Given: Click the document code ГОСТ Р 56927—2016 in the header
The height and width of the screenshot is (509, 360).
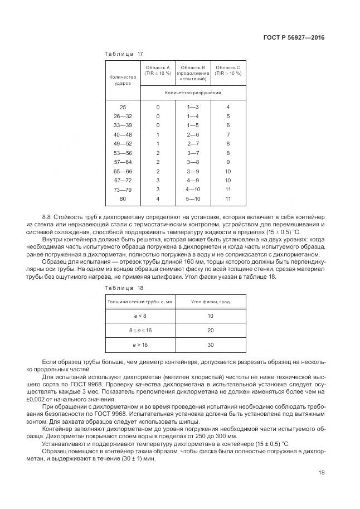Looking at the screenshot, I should (x=293, y=38).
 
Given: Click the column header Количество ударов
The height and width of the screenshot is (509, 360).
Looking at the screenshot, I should (x=123, y=80).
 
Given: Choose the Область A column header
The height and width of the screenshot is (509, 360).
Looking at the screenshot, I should (x=158, y=70).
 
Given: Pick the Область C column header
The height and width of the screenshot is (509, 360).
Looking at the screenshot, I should (x=228, y=70).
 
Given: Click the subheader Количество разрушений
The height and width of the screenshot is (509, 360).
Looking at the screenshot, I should (x=193, y=93).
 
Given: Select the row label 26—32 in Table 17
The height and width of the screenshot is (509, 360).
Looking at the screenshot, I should (x=123, y=116).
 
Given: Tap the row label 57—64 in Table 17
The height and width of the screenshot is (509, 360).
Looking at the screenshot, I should (x=123, y=162).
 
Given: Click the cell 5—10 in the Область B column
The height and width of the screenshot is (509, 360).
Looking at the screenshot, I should (x=193, y=198).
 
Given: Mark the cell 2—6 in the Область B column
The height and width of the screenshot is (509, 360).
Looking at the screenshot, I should (x=193, y=134).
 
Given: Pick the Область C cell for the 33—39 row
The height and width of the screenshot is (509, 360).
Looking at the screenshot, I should (x=228, y=125).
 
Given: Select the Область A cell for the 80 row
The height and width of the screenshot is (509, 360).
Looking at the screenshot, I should (x=158, y=198).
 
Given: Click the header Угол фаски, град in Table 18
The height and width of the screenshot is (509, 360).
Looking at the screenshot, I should (x=211, y=302).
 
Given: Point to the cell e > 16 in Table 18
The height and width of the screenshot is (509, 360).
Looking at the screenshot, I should (x=140, y=345).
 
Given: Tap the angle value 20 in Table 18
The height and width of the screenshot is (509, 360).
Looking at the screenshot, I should (x=211, y=331).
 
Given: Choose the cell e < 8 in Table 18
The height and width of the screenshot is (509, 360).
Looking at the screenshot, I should (x=140, y=316).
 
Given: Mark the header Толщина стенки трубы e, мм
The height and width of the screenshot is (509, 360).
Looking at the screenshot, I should (x=140, y=302).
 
